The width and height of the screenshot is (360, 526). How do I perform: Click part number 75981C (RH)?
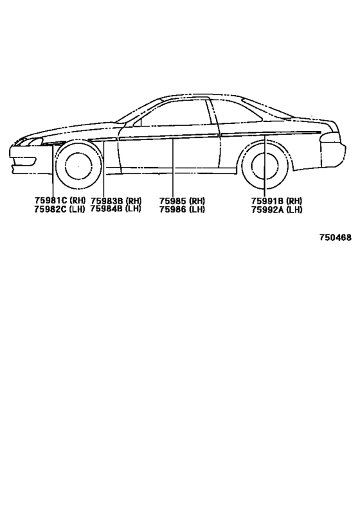coord(60,200)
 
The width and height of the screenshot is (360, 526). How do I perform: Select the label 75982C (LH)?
coord(59,209)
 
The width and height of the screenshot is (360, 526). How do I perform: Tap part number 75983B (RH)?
coord(116,200)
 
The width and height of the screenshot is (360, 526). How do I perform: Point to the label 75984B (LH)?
coord(116,209)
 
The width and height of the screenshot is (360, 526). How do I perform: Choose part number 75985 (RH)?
coord(182,201)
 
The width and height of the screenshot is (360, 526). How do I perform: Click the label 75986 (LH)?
coord(182,209)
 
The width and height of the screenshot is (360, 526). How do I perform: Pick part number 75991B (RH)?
coord(276,201)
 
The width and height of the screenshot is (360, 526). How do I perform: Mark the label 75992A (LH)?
coord(276,209)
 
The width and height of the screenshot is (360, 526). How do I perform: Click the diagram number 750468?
coord(335,238)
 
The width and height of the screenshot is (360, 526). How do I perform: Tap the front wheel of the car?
coord(78,166)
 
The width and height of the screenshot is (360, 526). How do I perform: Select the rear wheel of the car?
coord(264,166)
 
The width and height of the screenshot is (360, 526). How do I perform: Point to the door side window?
coord(175,113)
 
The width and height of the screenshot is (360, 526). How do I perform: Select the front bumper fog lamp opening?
coord(24,161)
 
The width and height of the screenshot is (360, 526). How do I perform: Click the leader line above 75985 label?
coord(173,167)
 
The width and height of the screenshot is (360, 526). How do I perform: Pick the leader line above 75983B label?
coord(104,168)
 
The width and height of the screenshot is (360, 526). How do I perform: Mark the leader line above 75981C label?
coord(53,170)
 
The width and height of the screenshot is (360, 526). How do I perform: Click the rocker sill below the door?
coord(178,171)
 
